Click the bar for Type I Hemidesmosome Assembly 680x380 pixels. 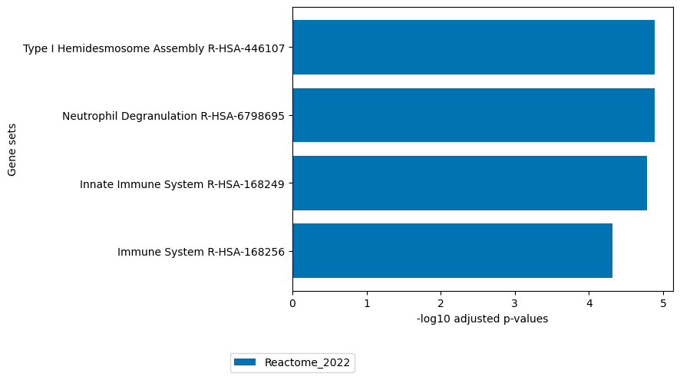pos(473,48)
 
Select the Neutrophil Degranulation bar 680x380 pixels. pos(473,115)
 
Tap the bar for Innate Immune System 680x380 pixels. pos(469,183)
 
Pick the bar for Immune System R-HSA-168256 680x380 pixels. pos(452,251)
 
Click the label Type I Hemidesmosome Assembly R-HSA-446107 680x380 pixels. pos(153,48)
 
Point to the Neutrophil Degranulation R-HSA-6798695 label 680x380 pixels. pos(173,116)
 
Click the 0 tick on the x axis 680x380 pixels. pos(292,303)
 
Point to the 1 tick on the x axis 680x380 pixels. pos(367,303)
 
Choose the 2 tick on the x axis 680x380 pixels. pos(441,303)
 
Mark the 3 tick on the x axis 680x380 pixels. pos(515,303)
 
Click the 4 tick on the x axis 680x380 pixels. pos(589,303)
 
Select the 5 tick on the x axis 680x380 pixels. pos(663,303)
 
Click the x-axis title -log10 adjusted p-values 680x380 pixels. pos(482,319)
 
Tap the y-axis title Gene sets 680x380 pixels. pos(12,150)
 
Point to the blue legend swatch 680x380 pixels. pos(246,362)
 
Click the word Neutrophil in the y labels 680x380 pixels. pos(88,116)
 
